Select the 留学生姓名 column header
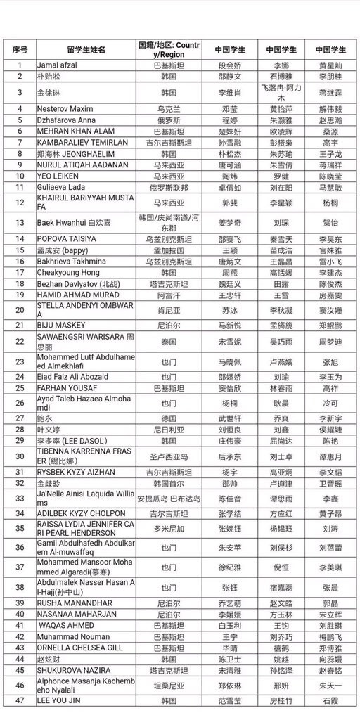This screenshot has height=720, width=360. pyautogui.click(x=86, y=50)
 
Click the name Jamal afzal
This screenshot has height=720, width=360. pyautogui.click(x=57, y=65)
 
